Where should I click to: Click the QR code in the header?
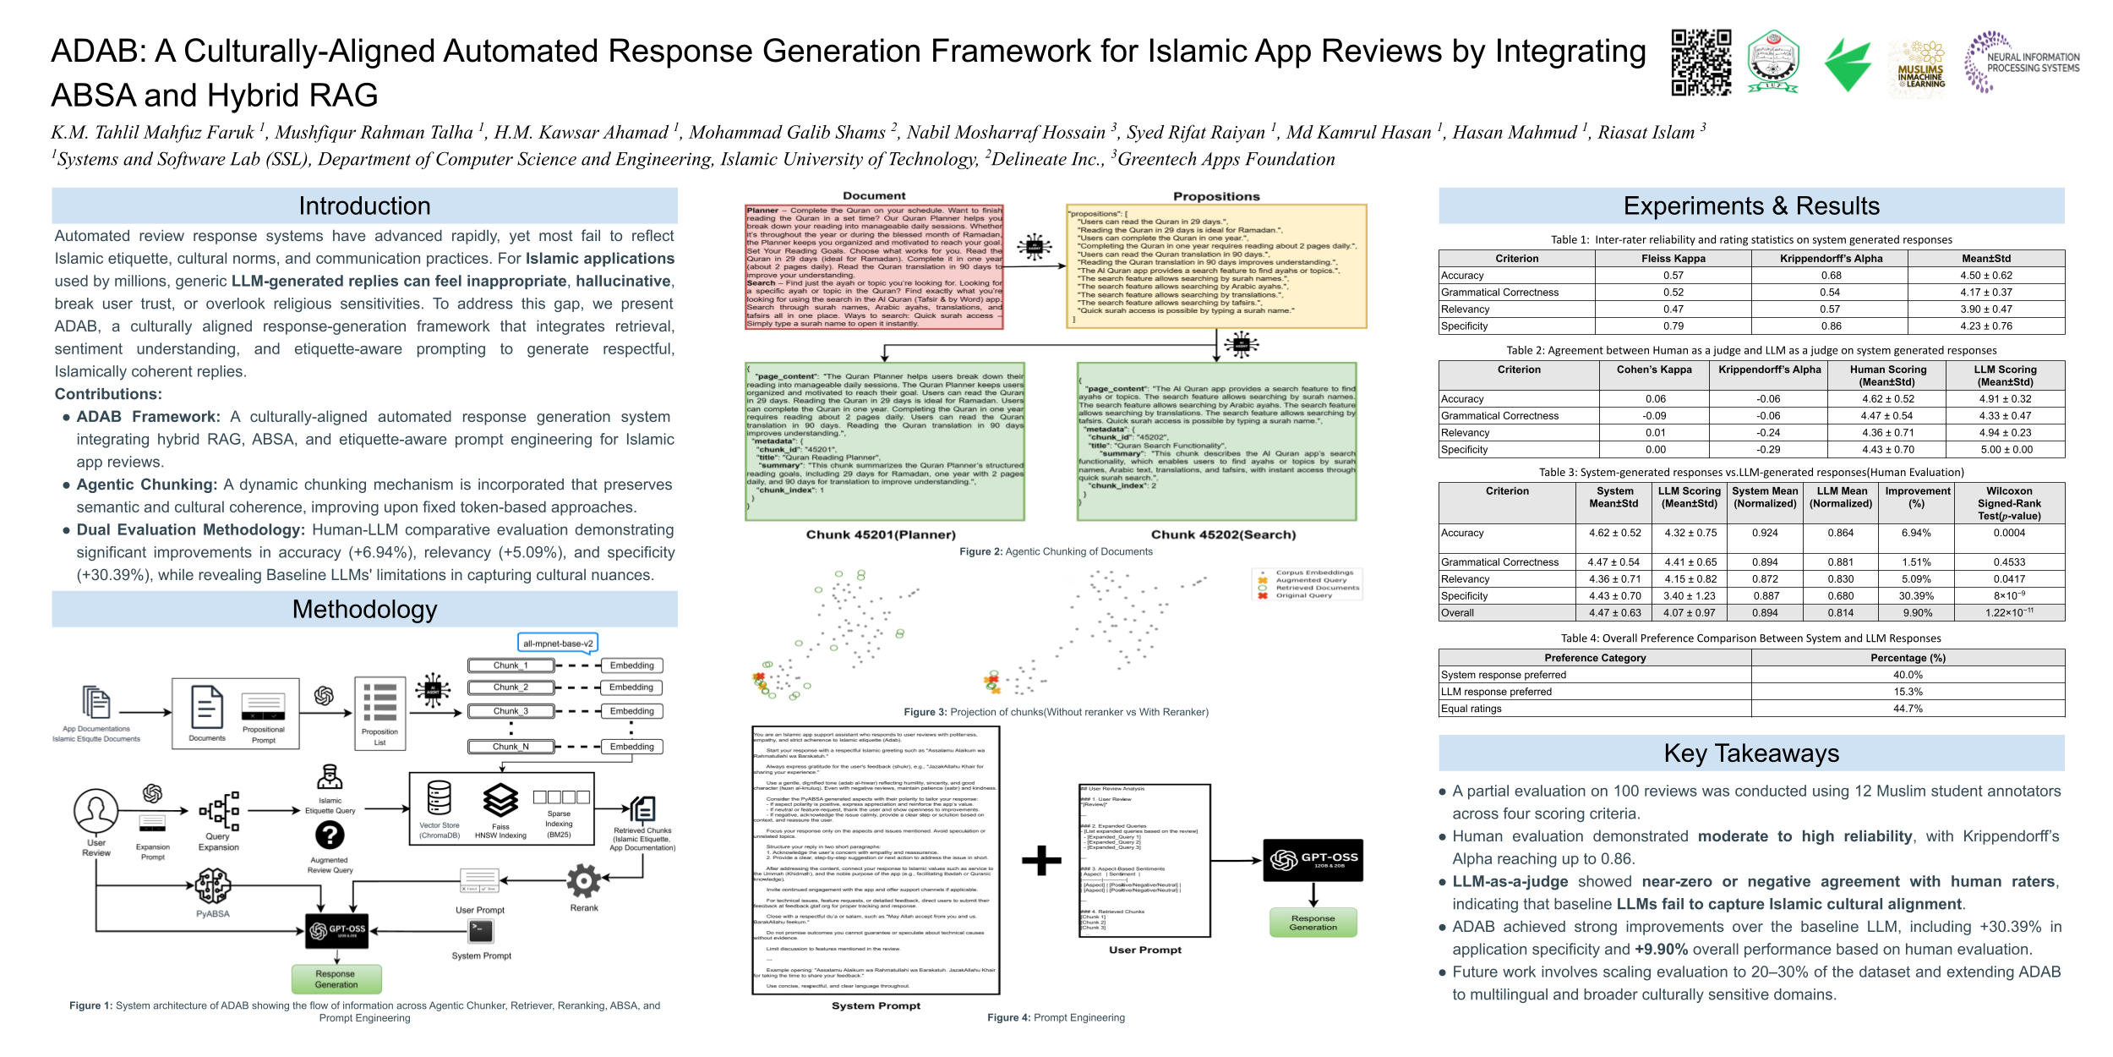(1701, 63)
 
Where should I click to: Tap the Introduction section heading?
(364, 206)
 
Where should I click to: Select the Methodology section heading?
(364, 610)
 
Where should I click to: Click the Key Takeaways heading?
(1751, 753)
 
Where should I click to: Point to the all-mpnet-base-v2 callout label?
(558, 644)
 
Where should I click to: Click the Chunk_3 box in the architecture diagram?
(511, 711)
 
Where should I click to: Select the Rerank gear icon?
(583, 881)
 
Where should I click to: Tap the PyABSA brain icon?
(212, 886)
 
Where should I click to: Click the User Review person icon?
(96, 811)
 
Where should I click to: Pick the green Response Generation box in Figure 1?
(336, 979)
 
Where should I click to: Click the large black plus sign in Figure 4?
(1041, 861)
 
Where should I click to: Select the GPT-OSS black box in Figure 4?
(1313, 860)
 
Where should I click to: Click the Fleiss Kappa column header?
(1673, 259)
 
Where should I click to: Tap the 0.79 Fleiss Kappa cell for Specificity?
(1673, 326)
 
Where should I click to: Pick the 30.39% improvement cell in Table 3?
(1916, 596)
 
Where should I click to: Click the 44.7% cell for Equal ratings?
(1908, 709)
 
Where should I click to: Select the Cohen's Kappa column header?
(1654, 370)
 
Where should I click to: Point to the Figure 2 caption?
(1056, 552)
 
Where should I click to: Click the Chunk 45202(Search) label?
(1223, 535)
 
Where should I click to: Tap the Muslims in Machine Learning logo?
(1920, 66)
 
